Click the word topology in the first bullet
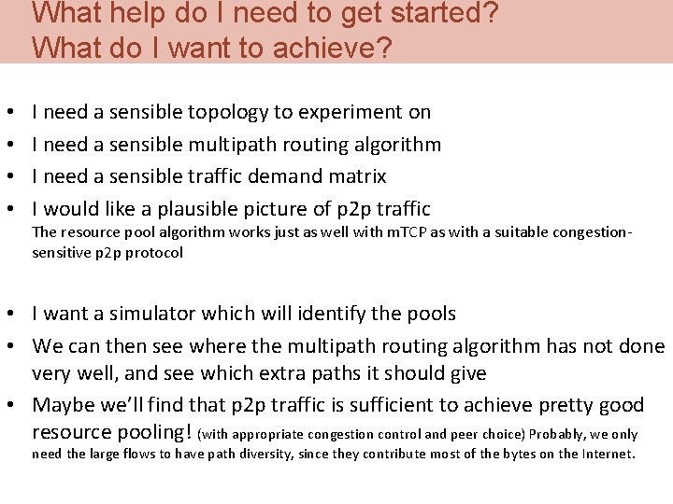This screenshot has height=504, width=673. tap(228, 113)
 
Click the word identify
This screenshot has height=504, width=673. tap(339, 314)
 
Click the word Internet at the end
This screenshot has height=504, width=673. tap(608, 455)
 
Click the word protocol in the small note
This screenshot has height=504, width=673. tap(156, 252)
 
